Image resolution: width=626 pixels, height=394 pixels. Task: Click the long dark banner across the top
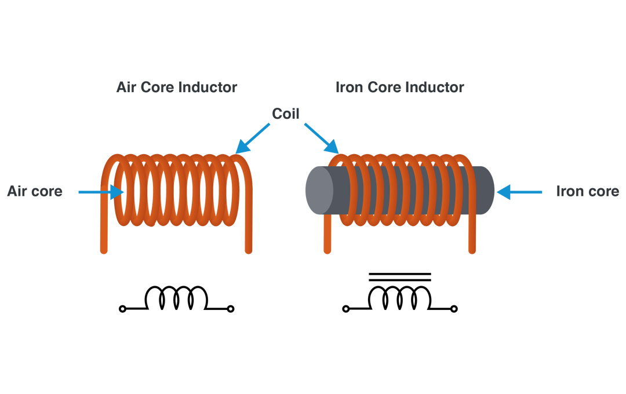290,96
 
